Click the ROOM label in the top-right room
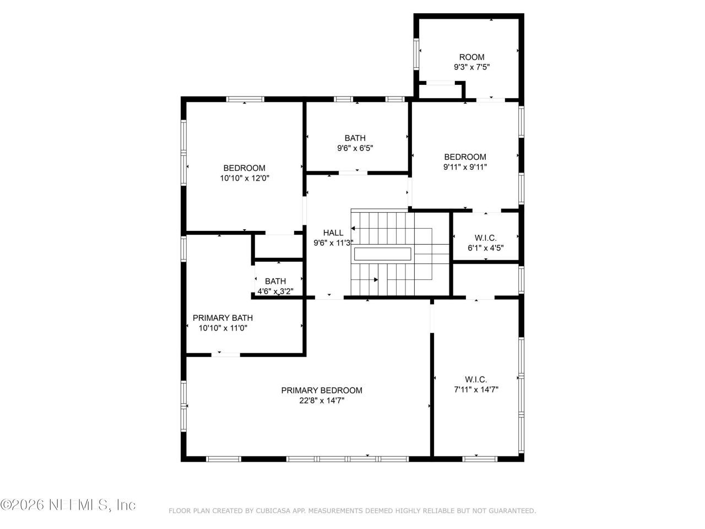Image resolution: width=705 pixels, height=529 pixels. (471, 57)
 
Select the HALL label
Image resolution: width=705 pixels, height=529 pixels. (333, 233)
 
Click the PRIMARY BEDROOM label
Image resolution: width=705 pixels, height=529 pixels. (322, 390)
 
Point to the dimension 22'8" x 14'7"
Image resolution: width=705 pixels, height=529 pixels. (322, 401)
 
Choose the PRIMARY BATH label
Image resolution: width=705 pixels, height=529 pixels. (223, 317)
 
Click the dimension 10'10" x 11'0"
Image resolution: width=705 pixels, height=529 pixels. (223, 328)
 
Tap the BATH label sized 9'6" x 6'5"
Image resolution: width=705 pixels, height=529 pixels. (355, 138)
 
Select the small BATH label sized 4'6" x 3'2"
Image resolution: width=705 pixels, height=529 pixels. (275, 281)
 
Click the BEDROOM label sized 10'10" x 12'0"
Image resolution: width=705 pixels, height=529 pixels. (244, 168)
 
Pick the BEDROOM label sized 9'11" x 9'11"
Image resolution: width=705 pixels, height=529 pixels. (465, 156)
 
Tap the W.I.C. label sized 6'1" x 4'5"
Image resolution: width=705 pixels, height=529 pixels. (485, 238)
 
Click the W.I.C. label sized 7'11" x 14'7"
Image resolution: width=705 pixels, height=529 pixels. (476, 379)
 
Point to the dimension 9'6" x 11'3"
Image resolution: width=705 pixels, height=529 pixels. (333, 243)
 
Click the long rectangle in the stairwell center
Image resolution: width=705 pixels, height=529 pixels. (382, 254)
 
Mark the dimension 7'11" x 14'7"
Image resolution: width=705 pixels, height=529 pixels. (476, 390)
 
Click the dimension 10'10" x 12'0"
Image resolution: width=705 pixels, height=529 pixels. (244, 179)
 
